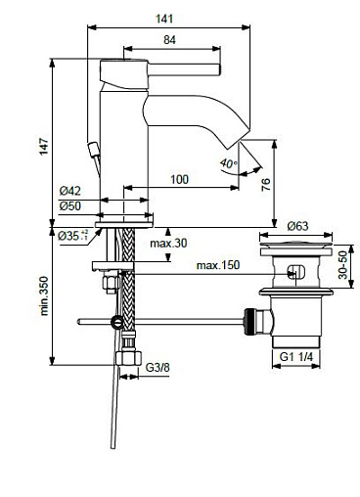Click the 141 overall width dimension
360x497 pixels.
164,19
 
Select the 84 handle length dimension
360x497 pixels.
169,40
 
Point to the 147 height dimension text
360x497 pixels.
44,147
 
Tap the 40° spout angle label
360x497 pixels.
229,162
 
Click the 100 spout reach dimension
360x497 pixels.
180,179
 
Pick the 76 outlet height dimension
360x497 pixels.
266,184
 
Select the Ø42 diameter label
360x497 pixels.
69,191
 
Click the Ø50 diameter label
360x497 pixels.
69,206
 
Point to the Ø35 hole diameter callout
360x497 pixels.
73,236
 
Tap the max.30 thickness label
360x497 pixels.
168,244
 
